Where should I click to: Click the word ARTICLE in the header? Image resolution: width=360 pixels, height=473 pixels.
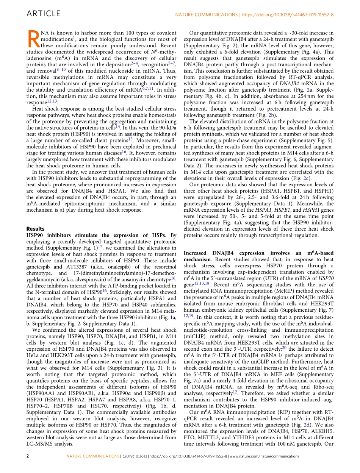pos(43,14)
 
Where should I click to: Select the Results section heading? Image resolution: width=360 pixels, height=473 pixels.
pos(35,229)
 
